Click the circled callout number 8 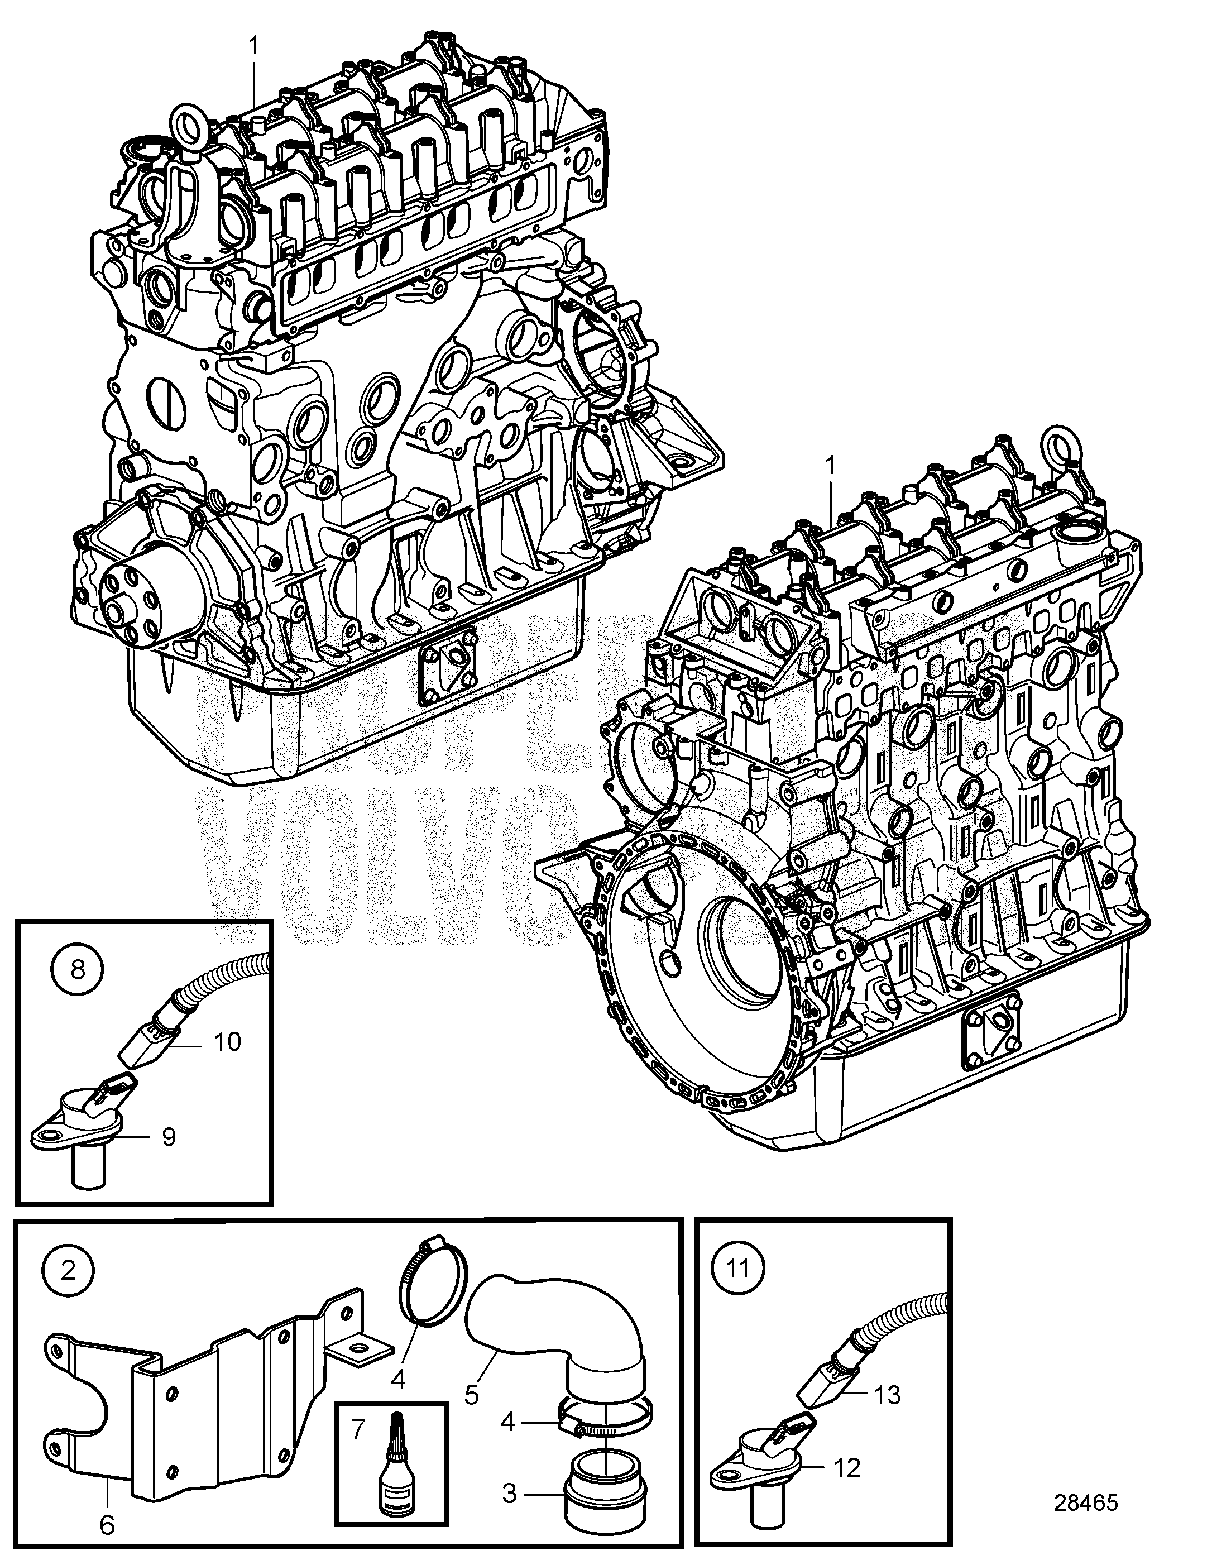[78, 969]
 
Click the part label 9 [169, 1136]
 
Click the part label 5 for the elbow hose [471, 1374]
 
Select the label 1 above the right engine [830, 466]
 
